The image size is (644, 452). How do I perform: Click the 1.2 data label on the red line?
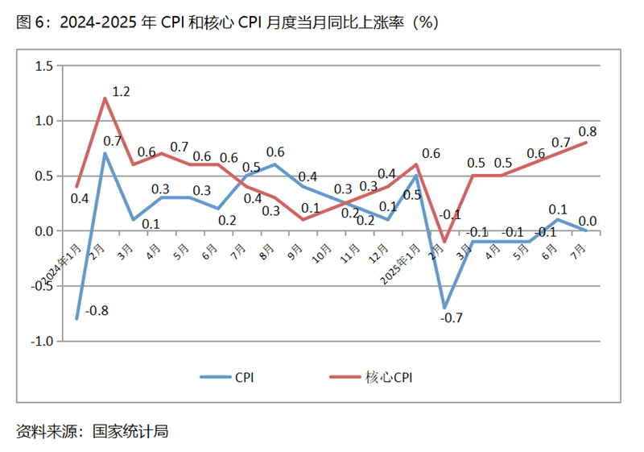121,93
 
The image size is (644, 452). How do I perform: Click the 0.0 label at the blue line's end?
588,221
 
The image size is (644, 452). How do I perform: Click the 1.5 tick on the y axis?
43,65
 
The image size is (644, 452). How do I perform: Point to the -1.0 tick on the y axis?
40,342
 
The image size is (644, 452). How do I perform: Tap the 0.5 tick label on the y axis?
43,176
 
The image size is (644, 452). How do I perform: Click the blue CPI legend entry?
228,375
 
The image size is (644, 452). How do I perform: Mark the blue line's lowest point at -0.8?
77,319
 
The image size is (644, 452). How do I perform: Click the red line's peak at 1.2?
105,98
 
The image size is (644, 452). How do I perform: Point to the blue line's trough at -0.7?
444,308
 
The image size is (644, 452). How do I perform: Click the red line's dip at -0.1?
444,242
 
